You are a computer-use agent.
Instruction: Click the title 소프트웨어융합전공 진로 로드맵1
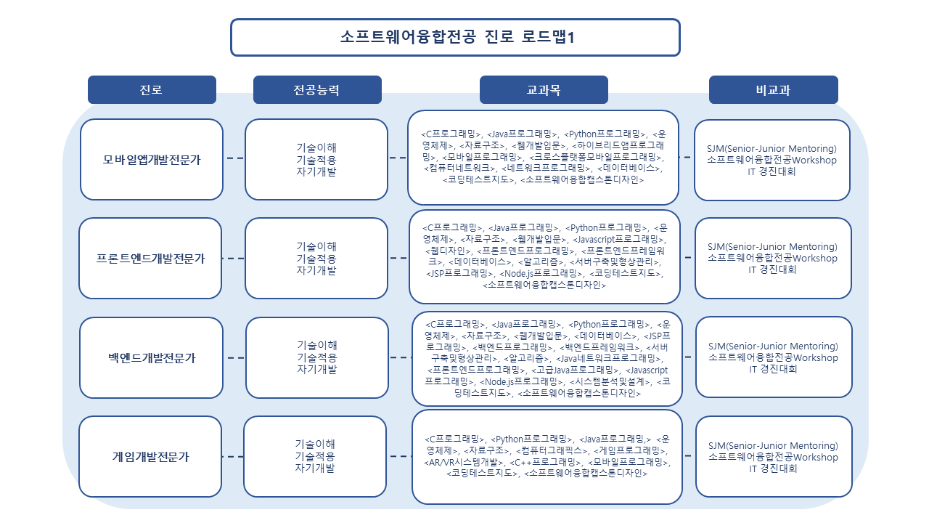pyautogui.click(x=457, y=37)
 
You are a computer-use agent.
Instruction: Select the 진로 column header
pyautogui.click(x=152, y=89)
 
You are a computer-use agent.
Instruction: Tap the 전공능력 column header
pyautogui.click(x=317, y=89)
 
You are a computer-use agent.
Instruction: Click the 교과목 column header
pyautogui.click(x=544, y=89)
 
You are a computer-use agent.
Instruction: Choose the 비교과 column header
pyautogui.click(x=774, y=89)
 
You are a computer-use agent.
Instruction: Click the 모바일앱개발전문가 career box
pyautogui.click(x=152, y=159)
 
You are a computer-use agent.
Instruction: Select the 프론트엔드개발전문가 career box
pyautogui.click(x=150, y=258)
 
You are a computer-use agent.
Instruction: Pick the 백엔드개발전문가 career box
pyautogui.click(x=152, y=358)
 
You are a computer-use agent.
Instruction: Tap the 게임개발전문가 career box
pyautogui.click(x=150, y=457)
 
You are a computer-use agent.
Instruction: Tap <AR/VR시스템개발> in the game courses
pyautogui.click(x=464, y=462)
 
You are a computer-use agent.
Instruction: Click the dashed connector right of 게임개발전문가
pyautogui.click(x=233, y=457)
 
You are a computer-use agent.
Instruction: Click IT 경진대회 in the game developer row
pyautogui.click(x=773, y=469)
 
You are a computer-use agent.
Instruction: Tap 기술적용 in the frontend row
pyautogui.click(x=316, y=259)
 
